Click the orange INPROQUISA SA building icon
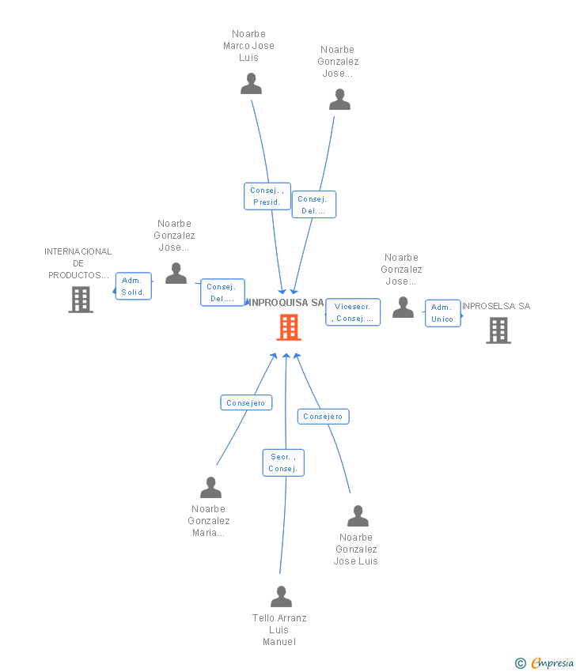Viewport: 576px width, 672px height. coord(288,327)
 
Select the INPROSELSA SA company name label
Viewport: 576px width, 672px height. coord(495,306)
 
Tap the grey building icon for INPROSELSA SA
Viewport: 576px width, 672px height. coord(498,330)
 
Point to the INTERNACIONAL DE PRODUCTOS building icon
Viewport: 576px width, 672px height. coord(81,300)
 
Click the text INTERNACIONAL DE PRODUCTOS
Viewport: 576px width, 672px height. coord(78,263)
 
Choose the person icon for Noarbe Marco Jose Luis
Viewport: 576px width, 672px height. coord(251,84)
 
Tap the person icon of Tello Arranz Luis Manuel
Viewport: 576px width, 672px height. coord(281,596)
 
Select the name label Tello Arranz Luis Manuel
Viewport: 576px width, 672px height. coord(279,630)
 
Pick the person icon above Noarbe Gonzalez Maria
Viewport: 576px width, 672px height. coord(210,487)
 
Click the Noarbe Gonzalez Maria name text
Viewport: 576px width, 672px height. coord(209,521)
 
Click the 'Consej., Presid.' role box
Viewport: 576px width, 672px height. coord(267,196)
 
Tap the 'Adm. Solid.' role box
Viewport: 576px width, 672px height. coord(133,286)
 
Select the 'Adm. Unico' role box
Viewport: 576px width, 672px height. coord(442,313)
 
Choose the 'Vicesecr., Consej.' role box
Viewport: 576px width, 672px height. coord(353,312)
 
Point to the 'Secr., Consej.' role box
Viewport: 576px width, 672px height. coord(283,462)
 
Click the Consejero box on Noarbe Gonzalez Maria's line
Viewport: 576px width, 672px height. coord(246,403)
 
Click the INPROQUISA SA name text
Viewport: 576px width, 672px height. coord(285,303)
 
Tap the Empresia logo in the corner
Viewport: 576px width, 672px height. coord(551,663)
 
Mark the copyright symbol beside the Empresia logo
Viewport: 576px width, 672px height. coord(520,663)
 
